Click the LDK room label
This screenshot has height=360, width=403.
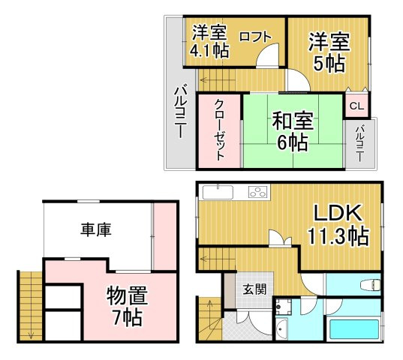point(338,211)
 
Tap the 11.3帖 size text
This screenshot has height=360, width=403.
point(337,237)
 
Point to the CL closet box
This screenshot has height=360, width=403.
point(356,106)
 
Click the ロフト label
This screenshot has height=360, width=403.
point(255,35)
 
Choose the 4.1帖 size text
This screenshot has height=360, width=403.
point(209,51)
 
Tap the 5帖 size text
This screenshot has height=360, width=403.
point(329,63)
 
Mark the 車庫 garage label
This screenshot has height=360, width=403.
point(97,230)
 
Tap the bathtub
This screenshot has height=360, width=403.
point(353,327)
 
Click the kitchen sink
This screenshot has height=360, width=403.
point(218,192)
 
